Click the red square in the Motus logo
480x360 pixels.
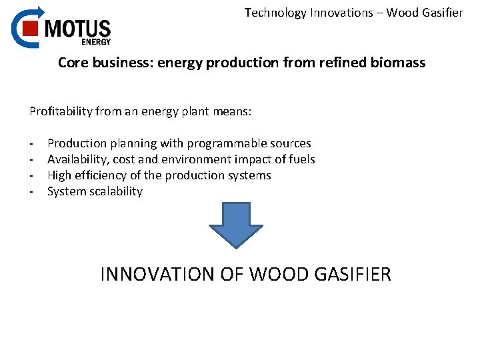tap(29, 28)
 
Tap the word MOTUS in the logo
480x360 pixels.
tap(77, 29)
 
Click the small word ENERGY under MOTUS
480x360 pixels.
tap(95, 41)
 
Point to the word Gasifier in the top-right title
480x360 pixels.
tap(441, 13)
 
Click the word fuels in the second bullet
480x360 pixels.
tap(301, 159)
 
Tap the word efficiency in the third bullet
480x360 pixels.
tap(101, 175)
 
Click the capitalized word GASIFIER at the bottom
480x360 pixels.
tap(352, 274)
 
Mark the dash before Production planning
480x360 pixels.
tap(31, 144)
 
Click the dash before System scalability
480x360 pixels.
tap(31, 192)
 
